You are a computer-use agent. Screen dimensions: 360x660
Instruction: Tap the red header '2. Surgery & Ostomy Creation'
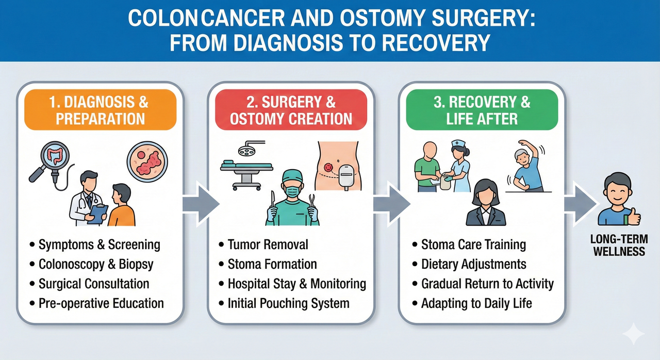291,110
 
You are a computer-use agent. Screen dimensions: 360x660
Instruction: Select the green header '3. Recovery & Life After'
482,110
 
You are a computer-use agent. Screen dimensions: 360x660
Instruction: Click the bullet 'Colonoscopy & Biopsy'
96,265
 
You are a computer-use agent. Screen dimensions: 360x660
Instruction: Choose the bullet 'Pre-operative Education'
101,303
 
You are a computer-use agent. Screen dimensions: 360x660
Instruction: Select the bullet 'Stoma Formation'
272,265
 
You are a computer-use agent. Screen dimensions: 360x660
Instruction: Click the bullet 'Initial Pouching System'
288,303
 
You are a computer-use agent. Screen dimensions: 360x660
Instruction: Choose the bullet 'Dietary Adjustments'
473,265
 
